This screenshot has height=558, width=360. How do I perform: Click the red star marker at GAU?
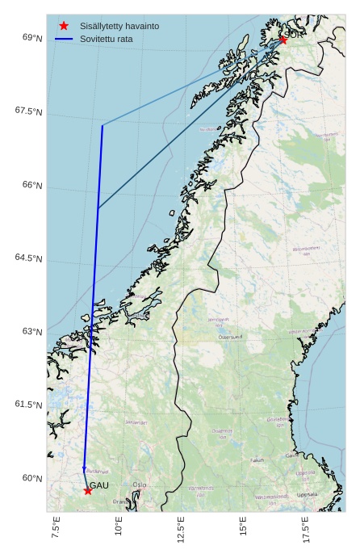click(87, 490)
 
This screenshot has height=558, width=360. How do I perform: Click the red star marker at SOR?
click(283, 40)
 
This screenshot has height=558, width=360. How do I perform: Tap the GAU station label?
click(98, 485)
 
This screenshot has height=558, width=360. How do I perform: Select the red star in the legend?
click(64, 26)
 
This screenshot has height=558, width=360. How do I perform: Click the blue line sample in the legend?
click(64, 39)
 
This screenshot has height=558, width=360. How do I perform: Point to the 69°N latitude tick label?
click(32, 38)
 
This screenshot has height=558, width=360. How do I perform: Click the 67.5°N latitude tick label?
click(28, 111)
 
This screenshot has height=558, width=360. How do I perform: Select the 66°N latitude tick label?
click(32, 185)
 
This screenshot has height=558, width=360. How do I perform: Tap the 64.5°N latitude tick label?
click(28, 258)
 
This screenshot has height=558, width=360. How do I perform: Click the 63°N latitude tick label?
click(32, 332)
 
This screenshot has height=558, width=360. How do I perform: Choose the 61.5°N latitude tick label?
click(28, 405)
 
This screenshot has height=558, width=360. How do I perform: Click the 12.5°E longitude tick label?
click(181, 530)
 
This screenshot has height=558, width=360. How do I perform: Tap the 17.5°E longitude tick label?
click(305, 530)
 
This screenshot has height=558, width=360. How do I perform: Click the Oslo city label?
click(140, 485)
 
